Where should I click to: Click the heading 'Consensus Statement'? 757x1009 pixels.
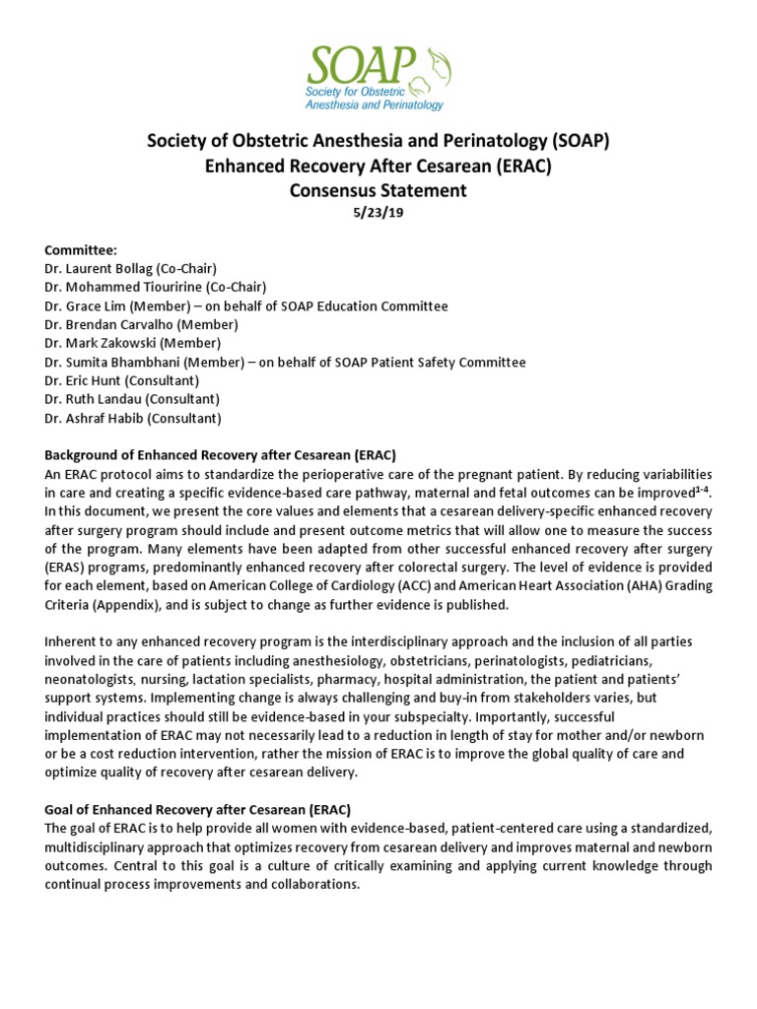pyautogui.click(x=378, y=191)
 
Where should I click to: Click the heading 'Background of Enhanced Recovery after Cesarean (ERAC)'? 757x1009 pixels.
pyautogui.click(x=220, y=455)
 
